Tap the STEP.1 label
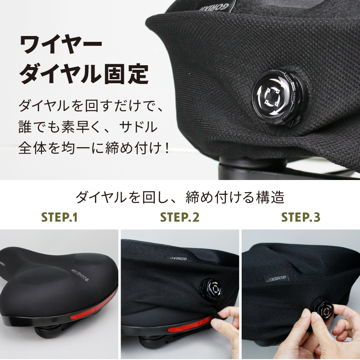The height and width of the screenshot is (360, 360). coord(60,218)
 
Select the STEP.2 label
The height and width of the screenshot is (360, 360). coord(180,218)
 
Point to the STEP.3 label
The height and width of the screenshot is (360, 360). coord(301,218)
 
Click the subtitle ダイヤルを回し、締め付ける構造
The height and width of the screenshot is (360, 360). coord(180,197)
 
